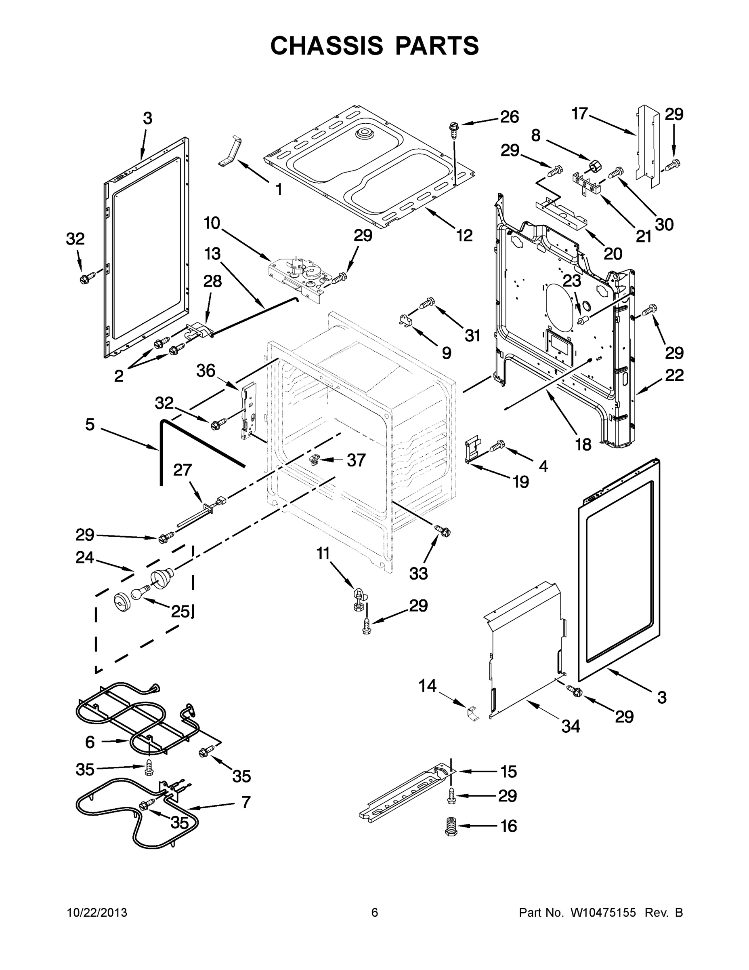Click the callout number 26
[x=510, y=117]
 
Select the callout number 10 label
[x=212, y=223]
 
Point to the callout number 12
[x=464, y=235]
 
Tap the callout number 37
[x=356, y=460]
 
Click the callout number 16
[x=508, y=826]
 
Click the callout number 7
[x=246, y=802]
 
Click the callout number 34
[x=571, y=726]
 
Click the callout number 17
[x=580, y=114]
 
